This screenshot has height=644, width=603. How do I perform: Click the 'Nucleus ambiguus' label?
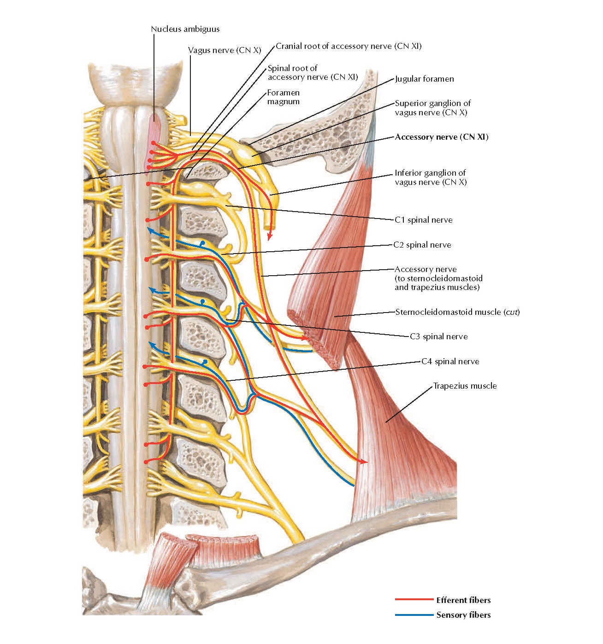185,29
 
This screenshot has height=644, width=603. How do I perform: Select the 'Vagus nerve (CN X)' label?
225,50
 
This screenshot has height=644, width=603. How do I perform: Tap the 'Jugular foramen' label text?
425,79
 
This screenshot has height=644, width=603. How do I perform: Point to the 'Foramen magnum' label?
284,97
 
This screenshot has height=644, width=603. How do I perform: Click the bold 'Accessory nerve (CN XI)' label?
442,137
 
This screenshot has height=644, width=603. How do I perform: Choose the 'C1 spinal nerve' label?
424,220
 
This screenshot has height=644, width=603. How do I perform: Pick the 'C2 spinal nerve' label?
422,245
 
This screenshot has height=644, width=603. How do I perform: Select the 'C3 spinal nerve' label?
439,337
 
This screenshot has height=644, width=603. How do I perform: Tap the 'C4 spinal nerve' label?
450,361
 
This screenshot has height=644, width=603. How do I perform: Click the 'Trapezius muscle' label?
465,386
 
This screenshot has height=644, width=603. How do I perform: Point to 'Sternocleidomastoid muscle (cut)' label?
457,312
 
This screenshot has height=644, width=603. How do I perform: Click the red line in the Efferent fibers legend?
414,600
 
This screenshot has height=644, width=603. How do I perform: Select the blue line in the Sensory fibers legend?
414,614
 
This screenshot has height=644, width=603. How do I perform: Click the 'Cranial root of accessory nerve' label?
349,46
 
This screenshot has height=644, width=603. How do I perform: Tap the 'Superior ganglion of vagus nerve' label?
432,108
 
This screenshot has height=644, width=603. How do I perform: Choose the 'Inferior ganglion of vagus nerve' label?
431,177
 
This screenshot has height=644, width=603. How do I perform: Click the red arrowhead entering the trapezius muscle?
364,461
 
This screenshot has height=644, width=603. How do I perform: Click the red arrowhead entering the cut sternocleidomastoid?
304,338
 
